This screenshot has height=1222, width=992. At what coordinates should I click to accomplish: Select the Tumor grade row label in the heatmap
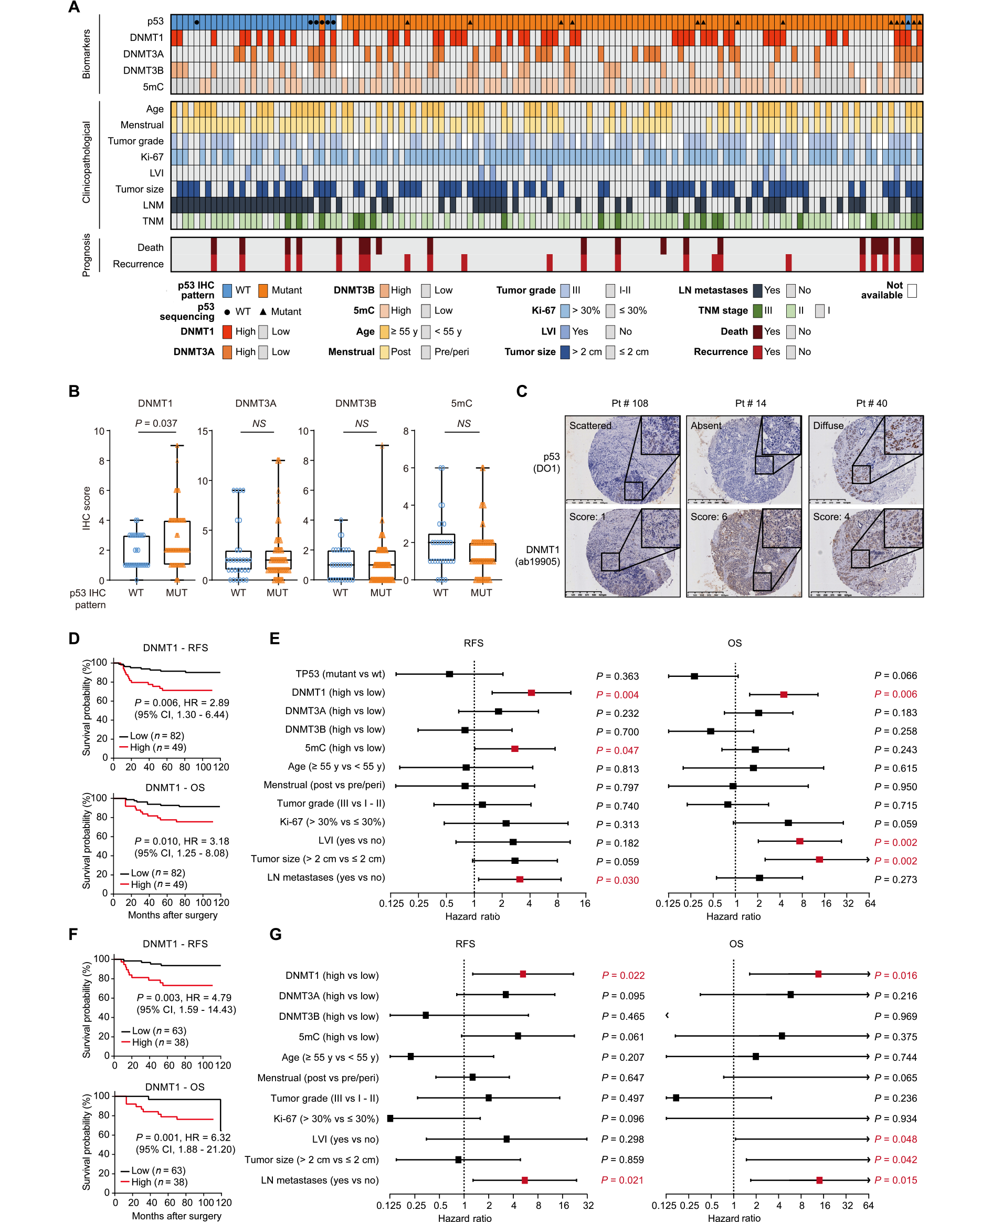(x=135, y=141)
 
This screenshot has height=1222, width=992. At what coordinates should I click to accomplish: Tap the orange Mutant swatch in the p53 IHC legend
(x=263, y=290)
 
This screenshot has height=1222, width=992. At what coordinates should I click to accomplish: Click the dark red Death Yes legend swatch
(x=758, y=331)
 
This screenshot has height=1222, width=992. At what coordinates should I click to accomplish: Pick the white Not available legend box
(x=912, y=291)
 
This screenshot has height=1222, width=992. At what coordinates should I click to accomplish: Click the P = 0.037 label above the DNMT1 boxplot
(x=156, y=424)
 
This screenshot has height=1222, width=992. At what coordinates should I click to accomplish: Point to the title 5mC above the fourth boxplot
(x=461, y=403)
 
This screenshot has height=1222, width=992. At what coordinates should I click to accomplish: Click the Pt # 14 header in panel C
(x=750, y=403)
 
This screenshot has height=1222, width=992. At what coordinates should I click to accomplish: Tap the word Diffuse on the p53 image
(x=828, y=426)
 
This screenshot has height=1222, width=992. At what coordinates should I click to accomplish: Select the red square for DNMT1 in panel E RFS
(x=531, y=693)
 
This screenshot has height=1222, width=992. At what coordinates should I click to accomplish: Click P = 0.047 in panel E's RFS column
(x=617, y=750)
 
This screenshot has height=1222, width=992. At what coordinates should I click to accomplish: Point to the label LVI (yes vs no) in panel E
(x=352, y=840)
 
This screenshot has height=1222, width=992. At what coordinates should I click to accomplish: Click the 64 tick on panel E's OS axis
(x=870, y=904)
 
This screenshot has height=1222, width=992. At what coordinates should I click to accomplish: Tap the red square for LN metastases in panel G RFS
(x=524, y=1181)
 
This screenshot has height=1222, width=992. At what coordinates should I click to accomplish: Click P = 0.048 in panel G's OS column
(x=895, y=1139)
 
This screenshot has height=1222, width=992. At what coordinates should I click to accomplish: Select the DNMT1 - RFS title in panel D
(x=175, y=647)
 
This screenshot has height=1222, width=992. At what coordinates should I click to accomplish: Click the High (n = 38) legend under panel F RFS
(x=154, y=1042)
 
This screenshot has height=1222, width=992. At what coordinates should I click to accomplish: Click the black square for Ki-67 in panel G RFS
(x=391, y=1119)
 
